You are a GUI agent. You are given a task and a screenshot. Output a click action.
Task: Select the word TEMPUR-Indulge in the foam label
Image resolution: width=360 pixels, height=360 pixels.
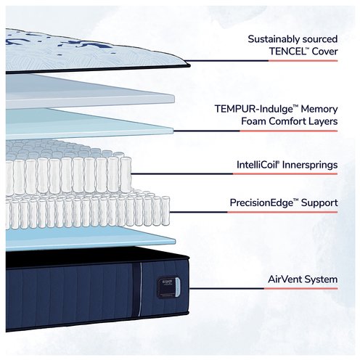point(253,109)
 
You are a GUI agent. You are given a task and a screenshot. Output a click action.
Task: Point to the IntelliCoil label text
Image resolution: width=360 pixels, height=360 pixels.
point(256,165)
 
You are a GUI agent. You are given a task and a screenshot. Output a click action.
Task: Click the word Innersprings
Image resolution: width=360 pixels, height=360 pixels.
point(310,165)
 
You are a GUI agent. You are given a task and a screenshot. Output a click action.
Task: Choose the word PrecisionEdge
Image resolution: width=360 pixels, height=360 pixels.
point(262,202)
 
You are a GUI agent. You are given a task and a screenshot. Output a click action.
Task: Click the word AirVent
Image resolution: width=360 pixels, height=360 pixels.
point(285,279)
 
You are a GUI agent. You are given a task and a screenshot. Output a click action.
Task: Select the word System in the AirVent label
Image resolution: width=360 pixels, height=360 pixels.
point(321,279)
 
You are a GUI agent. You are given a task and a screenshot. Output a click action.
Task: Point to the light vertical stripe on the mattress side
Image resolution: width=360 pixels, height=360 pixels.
point(140,289)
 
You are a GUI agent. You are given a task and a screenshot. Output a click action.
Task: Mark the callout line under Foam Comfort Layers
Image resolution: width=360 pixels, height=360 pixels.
point(255,131)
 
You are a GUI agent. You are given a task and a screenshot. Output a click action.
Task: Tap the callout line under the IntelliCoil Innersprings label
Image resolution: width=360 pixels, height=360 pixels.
point(234,173)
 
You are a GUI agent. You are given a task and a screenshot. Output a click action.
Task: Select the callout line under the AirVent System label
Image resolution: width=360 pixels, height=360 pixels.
point(263,288)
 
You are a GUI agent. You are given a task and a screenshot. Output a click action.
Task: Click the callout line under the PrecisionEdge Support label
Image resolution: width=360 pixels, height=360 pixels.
point(253,212)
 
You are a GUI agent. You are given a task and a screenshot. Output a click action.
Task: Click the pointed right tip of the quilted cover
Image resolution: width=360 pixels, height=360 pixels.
point(190,65)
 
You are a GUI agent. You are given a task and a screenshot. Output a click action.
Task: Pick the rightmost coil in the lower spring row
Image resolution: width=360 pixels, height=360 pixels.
point(165,210)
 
